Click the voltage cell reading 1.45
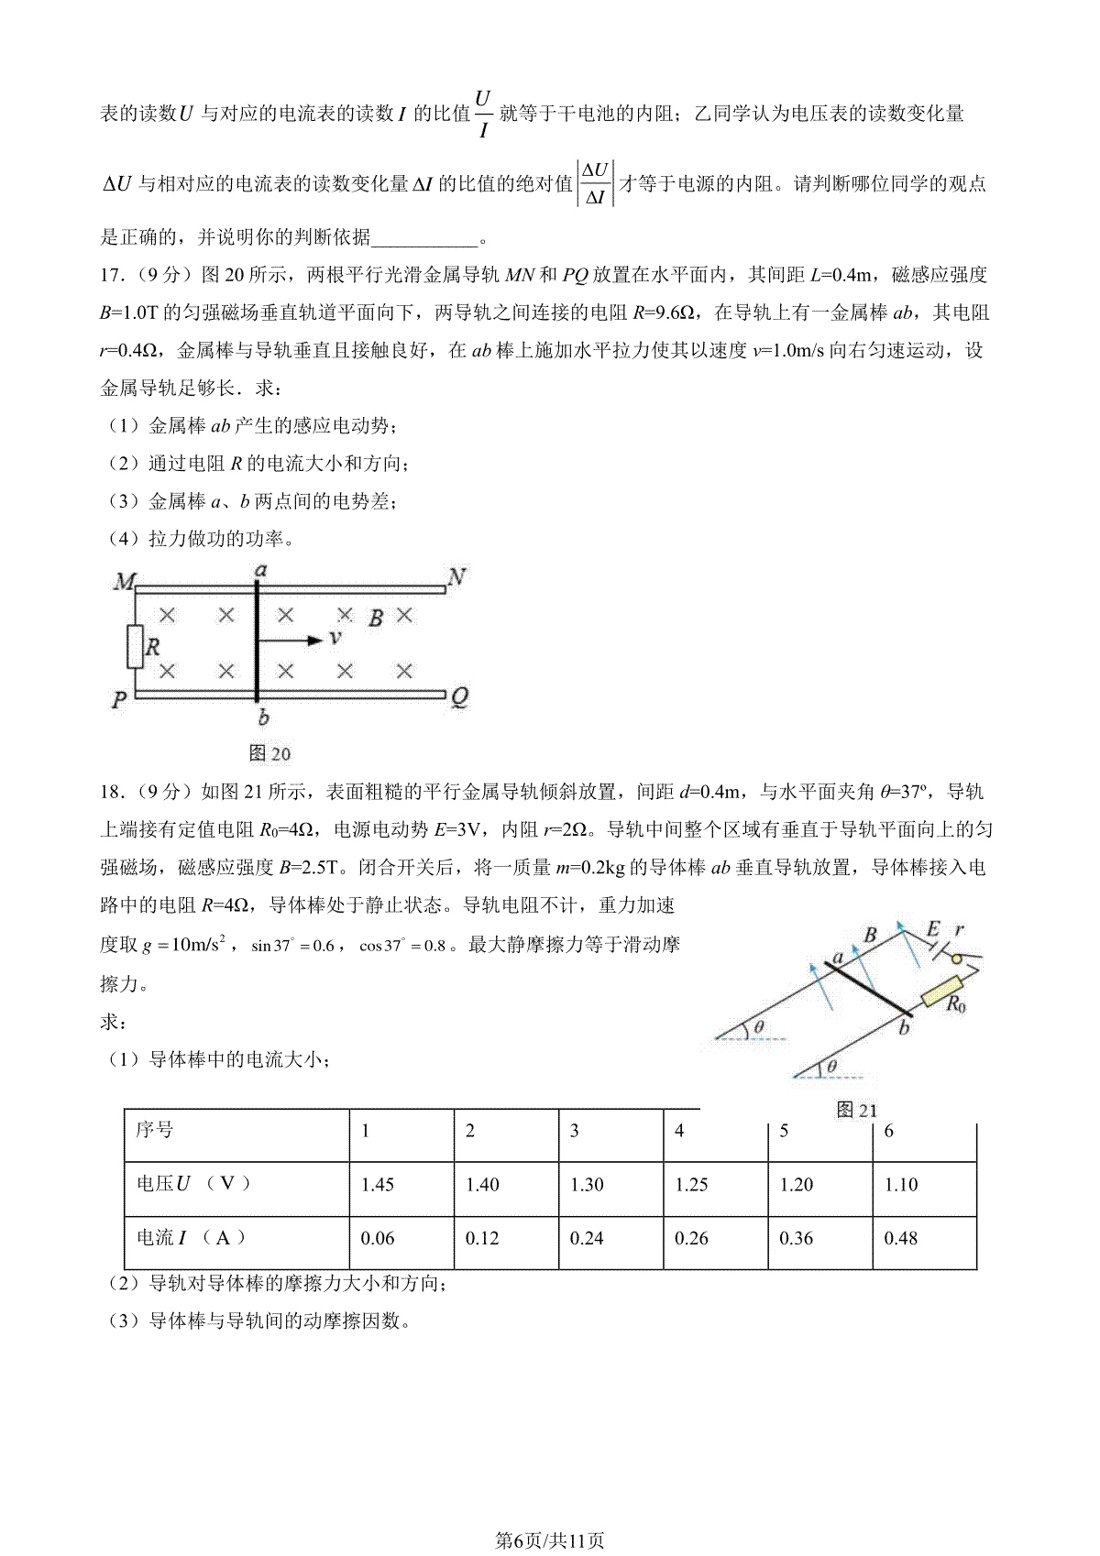(x=378, y=1185)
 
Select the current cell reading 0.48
(x=900, y=1239)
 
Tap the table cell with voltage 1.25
(x=691, y=1185)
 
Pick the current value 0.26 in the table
(x=691, y=1239)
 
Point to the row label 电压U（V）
(x=193, y=1184)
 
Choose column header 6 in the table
(x=888, y=1131)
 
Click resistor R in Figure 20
(x=136, y=647)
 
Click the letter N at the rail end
(x=456, y=577)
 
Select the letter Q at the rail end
(x=459, y=697)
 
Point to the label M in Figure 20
(x=124, y=582)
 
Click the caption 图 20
(x=269, y=753)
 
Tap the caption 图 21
(x=857, y=1111)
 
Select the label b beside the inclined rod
(x=904, y=1028)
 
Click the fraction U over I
(x=483, y=114)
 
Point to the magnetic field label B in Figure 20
(x=375, y=619)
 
